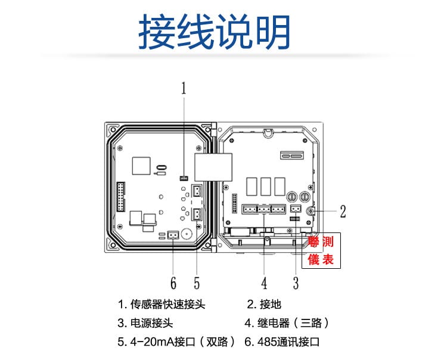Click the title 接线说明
coord(215,32)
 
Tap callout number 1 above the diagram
coord(184,88)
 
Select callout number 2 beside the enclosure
coord(343,212)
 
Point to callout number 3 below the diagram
coord(296,283)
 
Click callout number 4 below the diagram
coord(264,283)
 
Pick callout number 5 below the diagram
coord(197,283)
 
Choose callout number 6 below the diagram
coord(173,283)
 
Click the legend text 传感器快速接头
coord(167,305)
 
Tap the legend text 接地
coord(270,305)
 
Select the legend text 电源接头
coord(151,323)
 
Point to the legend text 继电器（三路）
coord(293,323)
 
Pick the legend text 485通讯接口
coord(288,342)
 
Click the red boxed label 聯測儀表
coord(321,250)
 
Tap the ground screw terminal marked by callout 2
coord(310,212)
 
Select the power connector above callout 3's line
coord(296,209)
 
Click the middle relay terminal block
coord(264,209)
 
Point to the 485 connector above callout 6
coord(173,235)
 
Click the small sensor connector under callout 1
coord(184,178)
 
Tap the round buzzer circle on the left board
coord(187,234)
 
